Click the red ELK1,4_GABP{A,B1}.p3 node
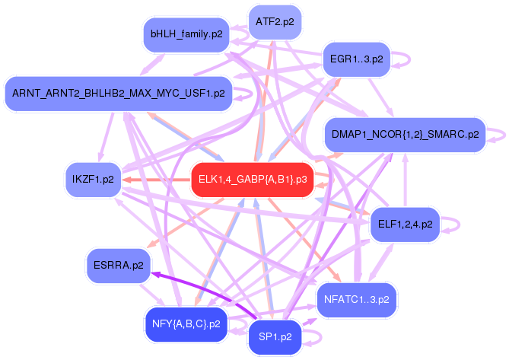coord(252,180)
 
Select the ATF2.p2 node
coord(275,21)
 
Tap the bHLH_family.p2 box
coord(186,34)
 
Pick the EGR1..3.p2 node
coord(357,58)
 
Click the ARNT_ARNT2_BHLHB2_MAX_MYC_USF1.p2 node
coord(118,94)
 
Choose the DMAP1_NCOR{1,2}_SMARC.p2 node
coord(405,135)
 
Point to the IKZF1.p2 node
coord(89,180)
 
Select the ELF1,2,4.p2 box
coord(405,224)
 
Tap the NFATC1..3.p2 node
coord(356,298)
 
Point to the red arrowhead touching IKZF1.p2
coord(125,180)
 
